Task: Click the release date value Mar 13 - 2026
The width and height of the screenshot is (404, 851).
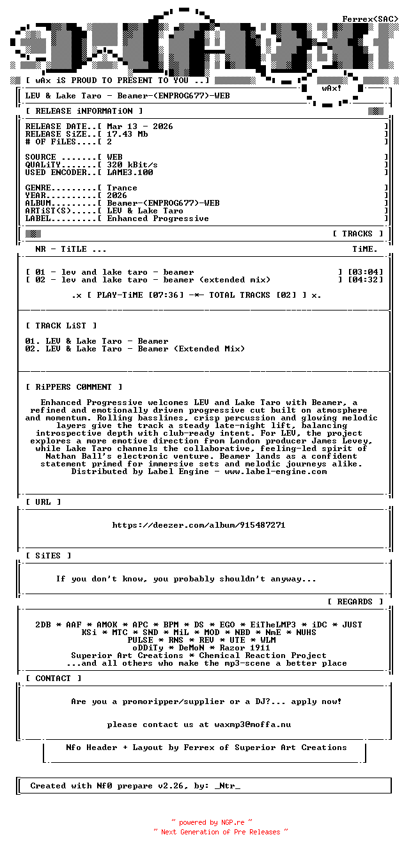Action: (139, 126)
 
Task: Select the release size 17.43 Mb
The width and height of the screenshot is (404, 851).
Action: (127, 134)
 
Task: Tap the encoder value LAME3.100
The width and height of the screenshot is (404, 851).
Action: (130, 172)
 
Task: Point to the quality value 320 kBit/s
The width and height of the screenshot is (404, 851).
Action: (132, 165)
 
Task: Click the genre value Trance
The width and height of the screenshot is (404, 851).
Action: (122, 188)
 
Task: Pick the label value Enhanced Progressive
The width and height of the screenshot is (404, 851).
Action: (158, 218)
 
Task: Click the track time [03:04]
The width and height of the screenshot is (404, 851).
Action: (365, 272)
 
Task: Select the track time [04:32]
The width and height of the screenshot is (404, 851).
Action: (365, 280)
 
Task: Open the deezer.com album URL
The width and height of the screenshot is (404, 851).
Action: (199, 525)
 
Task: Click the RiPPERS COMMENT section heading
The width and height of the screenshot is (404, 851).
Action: (74, 387)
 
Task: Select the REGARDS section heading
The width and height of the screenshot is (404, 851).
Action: (355, 602)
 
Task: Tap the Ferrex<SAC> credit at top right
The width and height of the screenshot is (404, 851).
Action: (370, 19)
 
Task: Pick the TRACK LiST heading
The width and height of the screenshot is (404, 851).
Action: (61, 326)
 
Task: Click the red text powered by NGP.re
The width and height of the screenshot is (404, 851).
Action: (212, 823)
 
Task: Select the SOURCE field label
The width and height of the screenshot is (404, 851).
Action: (40, 157)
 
